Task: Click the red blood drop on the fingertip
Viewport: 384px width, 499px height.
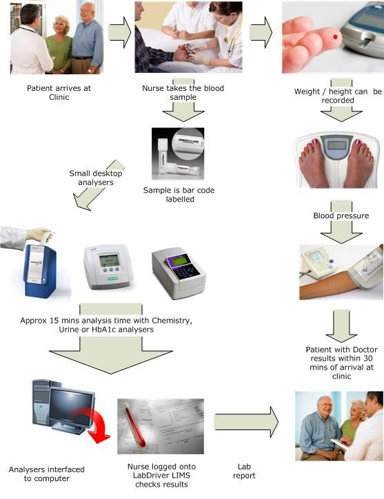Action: point(335,37)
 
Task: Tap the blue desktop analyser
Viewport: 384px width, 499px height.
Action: point(40,270)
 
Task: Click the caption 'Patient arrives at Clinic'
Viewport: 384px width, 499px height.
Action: point(59,93)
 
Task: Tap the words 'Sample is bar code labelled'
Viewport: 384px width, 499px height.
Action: point(179,195)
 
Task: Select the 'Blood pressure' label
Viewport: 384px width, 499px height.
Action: point(341,215)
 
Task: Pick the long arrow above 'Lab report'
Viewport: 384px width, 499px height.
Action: point(246,423)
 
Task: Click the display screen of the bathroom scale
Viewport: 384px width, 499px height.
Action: point(337,145)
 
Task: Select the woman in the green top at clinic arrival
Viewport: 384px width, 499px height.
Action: point(59,45)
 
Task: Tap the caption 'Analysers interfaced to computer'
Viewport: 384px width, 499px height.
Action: point(46,474)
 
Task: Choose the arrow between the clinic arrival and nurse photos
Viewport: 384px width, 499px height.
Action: point(119,32)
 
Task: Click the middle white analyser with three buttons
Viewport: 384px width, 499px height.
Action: point(108,266)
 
